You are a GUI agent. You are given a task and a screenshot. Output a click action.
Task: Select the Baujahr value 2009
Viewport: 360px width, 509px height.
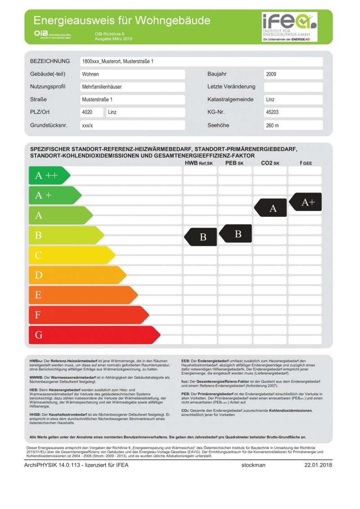pyautogui.click(x=293, y=74)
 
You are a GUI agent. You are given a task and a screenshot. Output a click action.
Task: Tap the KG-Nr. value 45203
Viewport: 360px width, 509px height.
pyautogui.click(x=293, y=112)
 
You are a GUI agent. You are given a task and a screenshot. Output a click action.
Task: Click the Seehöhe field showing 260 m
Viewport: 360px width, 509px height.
pyautogui.click(x=293, y=125)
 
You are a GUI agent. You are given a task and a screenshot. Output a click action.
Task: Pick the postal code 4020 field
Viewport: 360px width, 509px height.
pyautogui.click(x=92, y=112)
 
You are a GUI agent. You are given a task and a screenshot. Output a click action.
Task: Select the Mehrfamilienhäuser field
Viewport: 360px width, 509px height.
pyautogui.click(x=132, y=87)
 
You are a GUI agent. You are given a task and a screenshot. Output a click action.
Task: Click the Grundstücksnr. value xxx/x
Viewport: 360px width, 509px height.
pyautogui.click(x=132, y=125)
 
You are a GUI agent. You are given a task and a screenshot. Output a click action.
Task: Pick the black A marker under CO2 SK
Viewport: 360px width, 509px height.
pyautogui.click(x=271, y=208)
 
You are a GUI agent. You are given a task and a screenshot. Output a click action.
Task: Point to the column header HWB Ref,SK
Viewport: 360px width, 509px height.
pyautogui.click(x=198, y=163)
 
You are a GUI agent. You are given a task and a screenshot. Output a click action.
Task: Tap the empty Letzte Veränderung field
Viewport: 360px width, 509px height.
pyautogui.click(x=293, y=87)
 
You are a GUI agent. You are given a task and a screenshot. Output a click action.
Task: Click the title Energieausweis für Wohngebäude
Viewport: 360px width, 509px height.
pyautogui.click(x=122, y=20)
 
